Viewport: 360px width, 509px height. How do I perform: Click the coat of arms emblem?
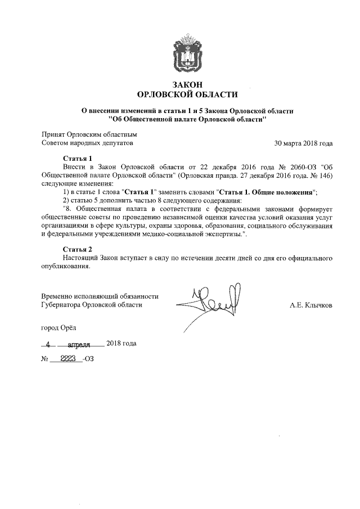pos(187,52)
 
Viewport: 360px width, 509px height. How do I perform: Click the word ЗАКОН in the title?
pos(187,84)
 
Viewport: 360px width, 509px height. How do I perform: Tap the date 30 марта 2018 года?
pos(303,143)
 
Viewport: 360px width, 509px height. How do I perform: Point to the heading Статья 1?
pos(77,159)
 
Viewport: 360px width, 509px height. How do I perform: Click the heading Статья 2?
pos(77,249)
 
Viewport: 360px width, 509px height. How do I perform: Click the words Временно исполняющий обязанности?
pos(100,296)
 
